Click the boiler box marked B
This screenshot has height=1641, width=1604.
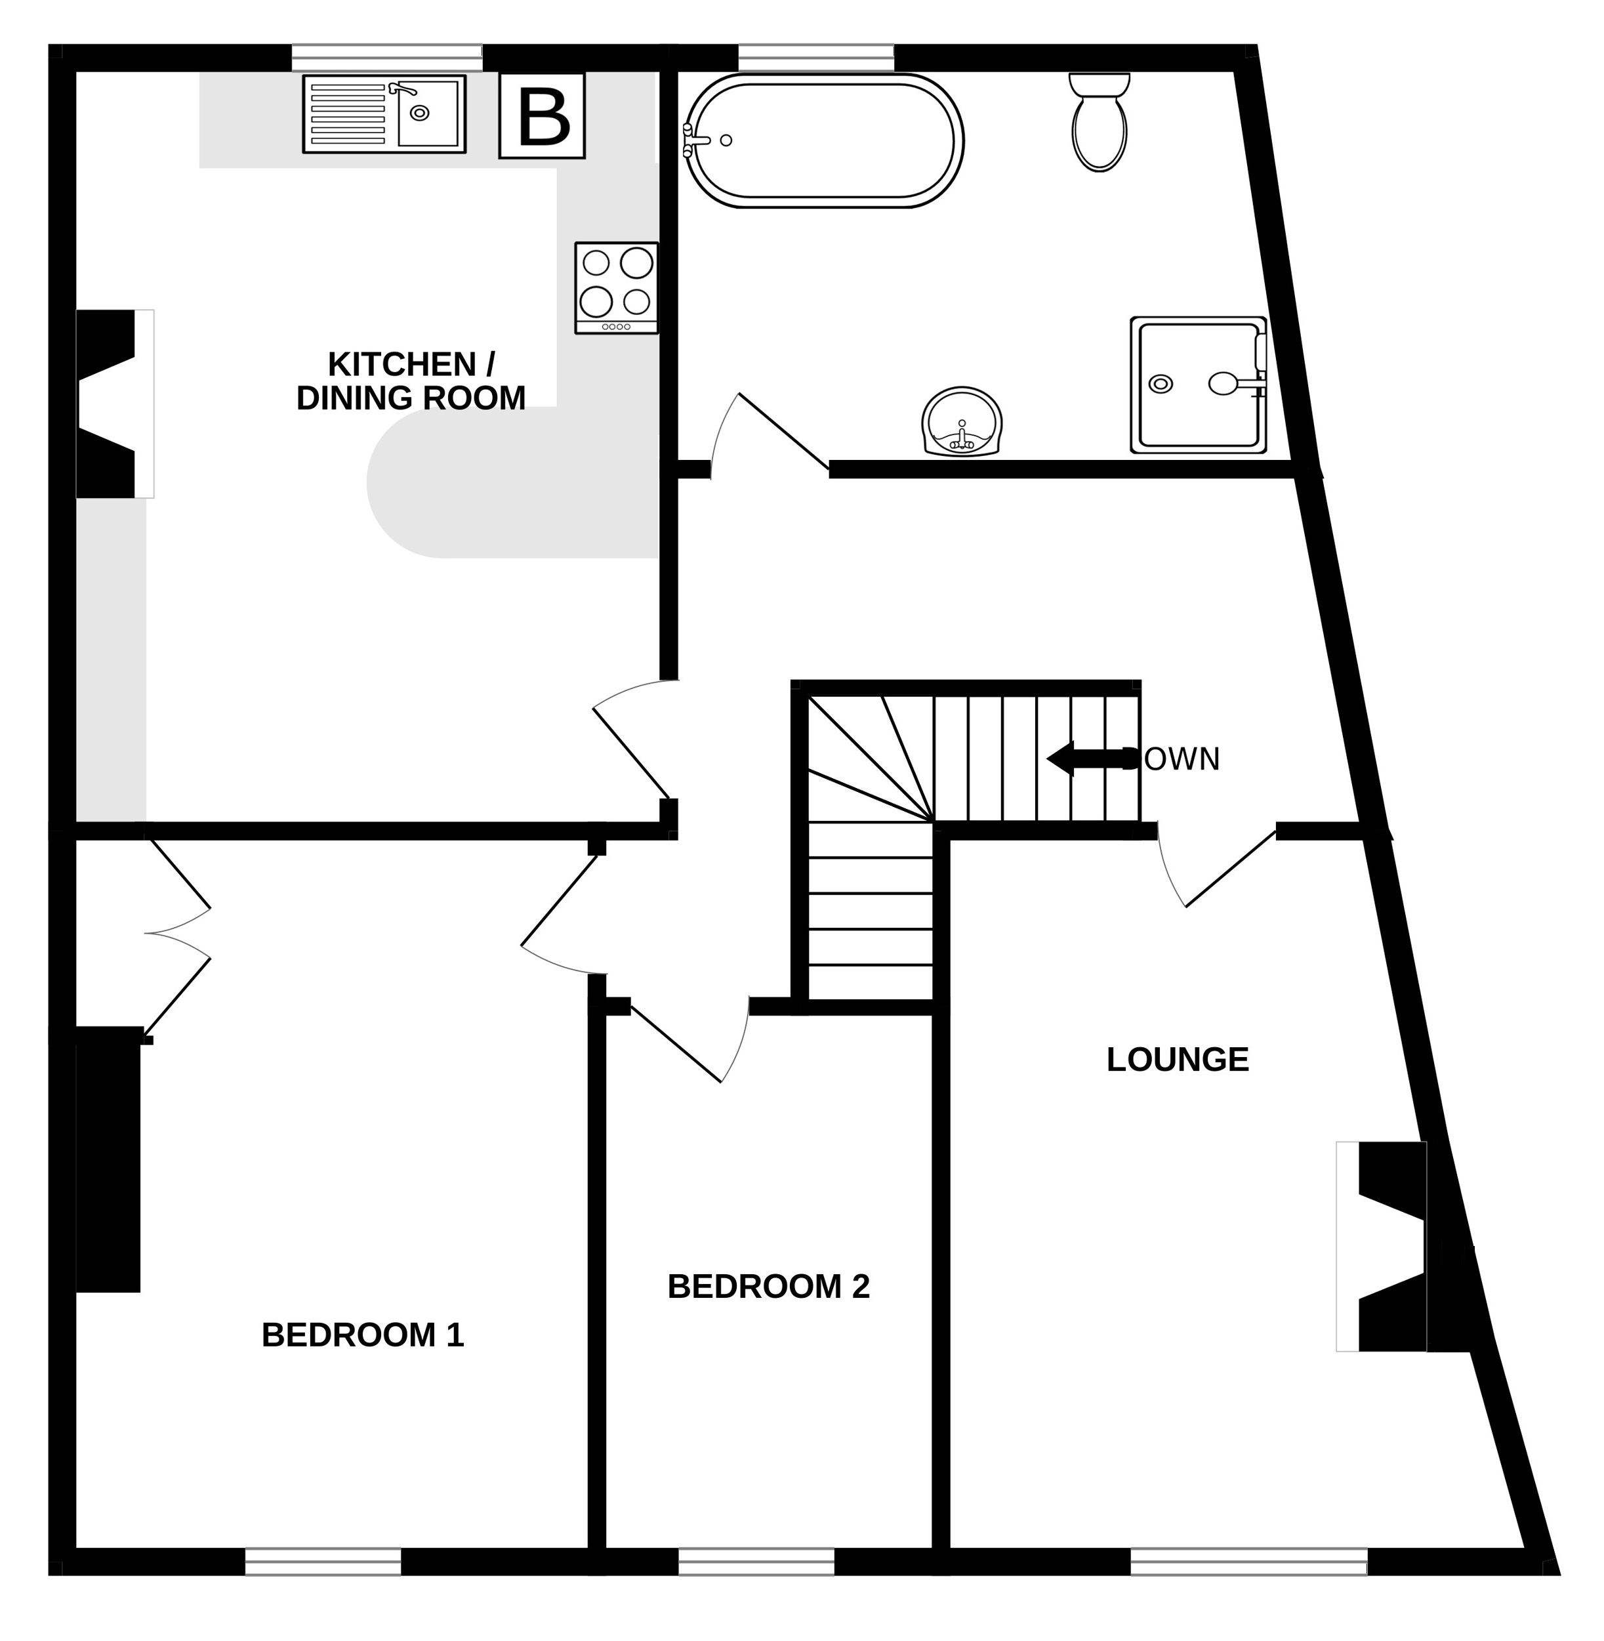542,115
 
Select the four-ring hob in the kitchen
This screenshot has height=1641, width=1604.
617,287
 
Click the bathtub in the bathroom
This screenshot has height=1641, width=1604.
823,140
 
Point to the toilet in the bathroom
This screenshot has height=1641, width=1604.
1100,122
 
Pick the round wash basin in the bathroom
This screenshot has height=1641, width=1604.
962,423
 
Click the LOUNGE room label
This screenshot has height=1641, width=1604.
1177,1060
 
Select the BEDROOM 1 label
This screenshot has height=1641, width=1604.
362,1335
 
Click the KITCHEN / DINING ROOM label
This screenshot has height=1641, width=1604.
411,382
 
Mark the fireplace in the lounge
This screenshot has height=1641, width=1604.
1390,1247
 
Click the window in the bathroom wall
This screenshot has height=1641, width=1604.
815,57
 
